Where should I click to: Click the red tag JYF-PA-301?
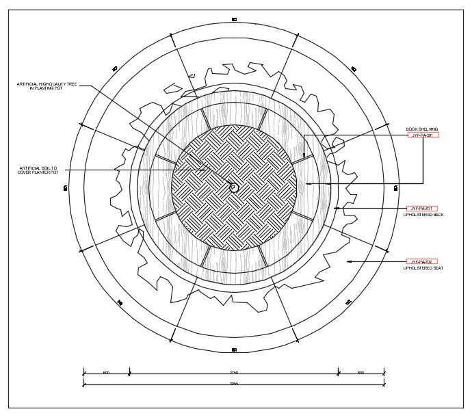click(x=423, y=135)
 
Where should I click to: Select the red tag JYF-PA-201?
click(x=422, y=208)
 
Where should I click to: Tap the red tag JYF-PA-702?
click(x=422, y=262)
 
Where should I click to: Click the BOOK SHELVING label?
click(x=421, y=129)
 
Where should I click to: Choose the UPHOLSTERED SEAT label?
click(x=423, y=268)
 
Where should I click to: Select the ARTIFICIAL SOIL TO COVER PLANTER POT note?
click(x=38, y=170)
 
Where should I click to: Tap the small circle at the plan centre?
click(x=233, y=187)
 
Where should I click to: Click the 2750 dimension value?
click(x=233, y=372)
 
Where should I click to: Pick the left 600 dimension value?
click(x=106, y=372)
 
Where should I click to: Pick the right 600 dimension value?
click(x=360, y=372)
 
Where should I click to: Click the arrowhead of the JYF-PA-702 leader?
click(x=349, y=262)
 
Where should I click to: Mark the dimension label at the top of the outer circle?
click(x=233, y=19)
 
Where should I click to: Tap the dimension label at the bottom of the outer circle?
click(x=233, y=350)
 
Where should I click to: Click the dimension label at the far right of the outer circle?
click(x=396, y=186)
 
